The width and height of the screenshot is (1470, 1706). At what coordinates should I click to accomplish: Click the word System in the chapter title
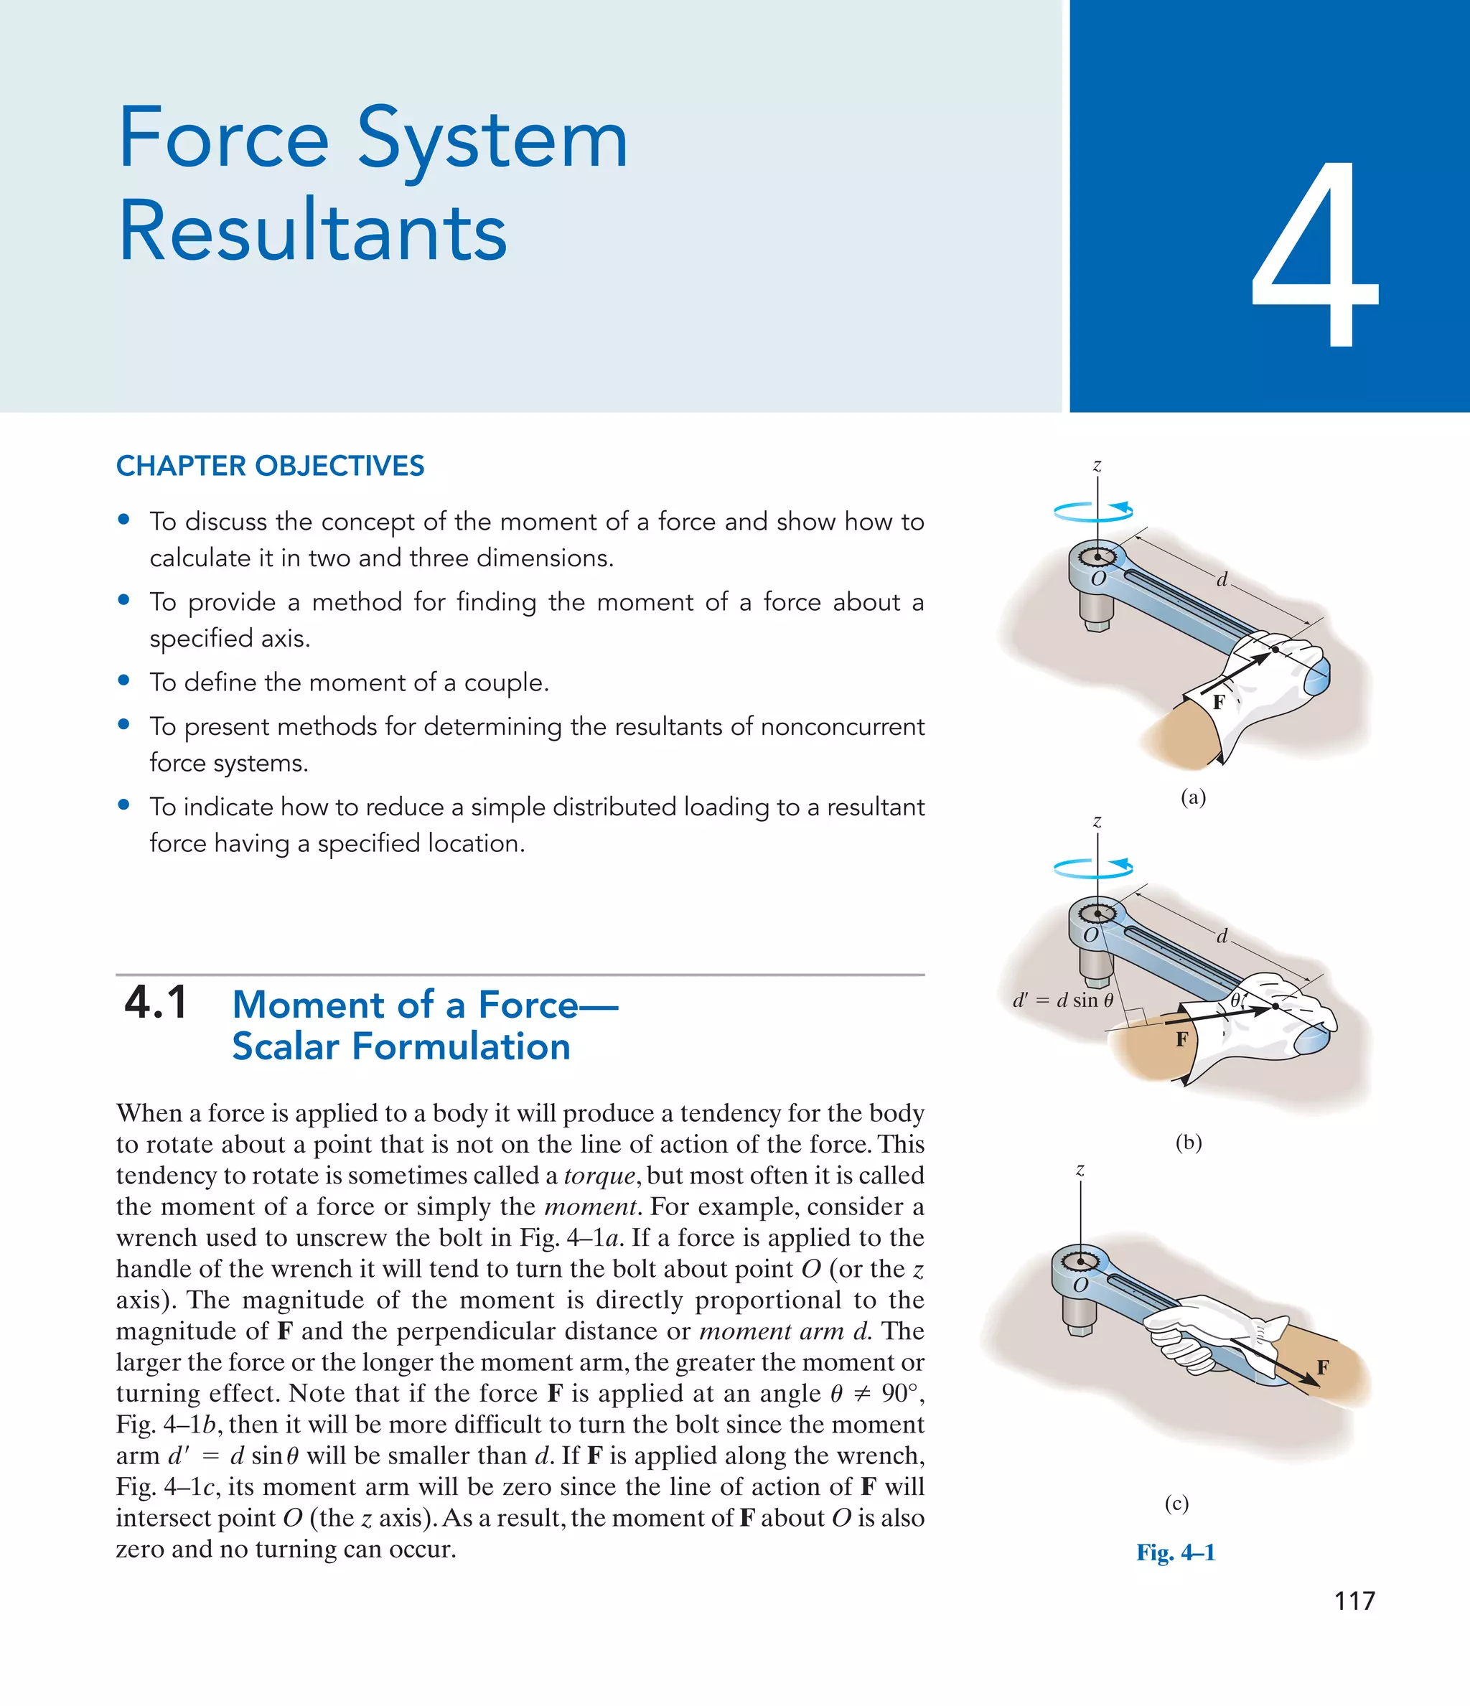pos(492,140)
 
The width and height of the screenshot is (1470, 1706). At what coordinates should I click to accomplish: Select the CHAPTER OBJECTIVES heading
pos(270,466)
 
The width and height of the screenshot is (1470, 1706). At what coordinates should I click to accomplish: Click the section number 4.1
pos(156,1003)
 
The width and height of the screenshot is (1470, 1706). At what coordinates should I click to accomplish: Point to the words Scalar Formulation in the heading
pos(401,1046)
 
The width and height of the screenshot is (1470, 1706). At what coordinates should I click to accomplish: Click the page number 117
pos(1354,1600)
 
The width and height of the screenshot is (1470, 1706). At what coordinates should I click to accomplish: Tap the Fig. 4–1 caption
pos(1175,1552)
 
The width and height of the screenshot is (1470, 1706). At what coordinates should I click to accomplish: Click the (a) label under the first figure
pos(1192,796)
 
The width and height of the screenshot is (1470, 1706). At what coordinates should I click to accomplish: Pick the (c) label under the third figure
pos(1176,1503)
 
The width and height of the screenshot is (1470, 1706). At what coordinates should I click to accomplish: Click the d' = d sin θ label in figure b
pos(1062,1000)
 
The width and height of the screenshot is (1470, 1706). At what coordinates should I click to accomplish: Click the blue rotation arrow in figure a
pos(1093,512)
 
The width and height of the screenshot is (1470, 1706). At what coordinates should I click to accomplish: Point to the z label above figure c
pos(1080,1170)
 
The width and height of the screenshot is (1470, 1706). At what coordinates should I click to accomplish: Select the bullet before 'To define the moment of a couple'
pos(124,680)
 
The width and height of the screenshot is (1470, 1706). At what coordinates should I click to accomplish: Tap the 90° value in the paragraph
pos(901,1393)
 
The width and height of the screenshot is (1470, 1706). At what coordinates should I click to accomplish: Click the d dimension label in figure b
pos(1222,936)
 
